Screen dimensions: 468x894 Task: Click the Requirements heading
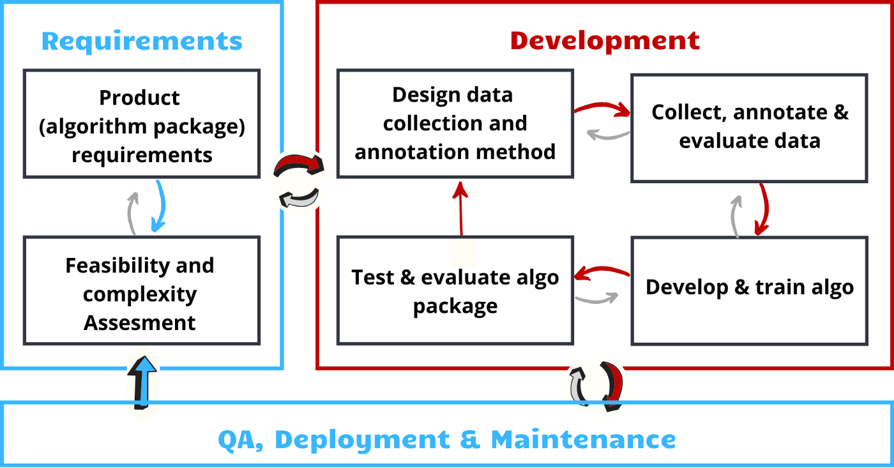pyautogui.click(x=142, y=42)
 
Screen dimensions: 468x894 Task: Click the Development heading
pyautogui.click(x=605, y=41)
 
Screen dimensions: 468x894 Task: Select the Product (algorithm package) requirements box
pyautogui.click(x=142, y=124)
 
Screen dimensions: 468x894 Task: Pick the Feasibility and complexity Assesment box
pyautogui.click(x=142, y=291)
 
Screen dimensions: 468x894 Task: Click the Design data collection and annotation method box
pyautogui.click(x=455, y=124)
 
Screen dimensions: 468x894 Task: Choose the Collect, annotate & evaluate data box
pyautogui.click(x=749, y=128)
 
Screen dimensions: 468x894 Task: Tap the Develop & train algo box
pyautogui.click(x=749, y=290)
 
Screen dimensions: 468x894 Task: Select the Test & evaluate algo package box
pyautogui.click(x=455, y=291)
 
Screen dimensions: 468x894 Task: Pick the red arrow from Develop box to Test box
pyautogui.click(x=600, y=273)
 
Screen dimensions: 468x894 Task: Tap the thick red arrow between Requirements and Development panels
pyautogui.click(x=298, y=166)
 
